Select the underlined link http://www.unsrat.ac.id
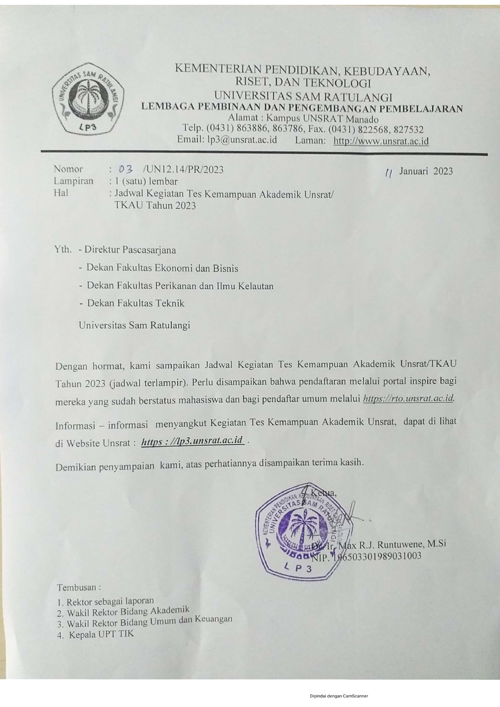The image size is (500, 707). pos(381,141)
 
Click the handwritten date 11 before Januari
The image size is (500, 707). pos(389,172)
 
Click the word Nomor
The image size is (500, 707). pos(69,169)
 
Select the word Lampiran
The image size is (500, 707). pos(73,181)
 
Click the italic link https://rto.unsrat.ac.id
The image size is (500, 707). pos(409,399)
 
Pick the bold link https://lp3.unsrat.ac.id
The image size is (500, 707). pos(193,441)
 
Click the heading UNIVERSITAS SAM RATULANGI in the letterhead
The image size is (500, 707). pos(303,97)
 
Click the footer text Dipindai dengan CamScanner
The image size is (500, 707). pos(339,696)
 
